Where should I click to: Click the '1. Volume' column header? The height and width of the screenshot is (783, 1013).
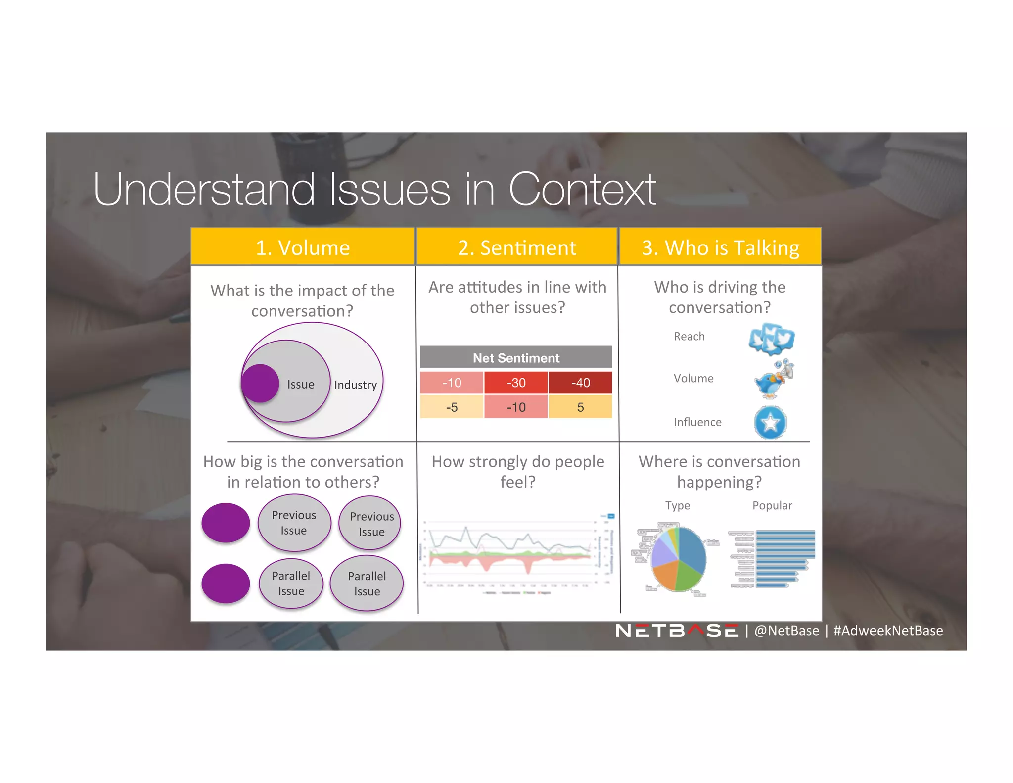(303, 247)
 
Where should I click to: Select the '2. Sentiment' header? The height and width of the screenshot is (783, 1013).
(517, 247)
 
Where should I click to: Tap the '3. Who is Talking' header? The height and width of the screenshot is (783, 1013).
(720, 247)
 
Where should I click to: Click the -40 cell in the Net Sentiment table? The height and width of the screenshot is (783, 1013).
(580, 383)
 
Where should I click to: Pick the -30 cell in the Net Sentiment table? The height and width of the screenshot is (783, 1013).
(516, 383)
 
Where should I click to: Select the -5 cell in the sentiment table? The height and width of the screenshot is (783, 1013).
(452, 407)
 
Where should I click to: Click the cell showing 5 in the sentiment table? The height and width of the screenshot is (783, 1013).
(580, 407)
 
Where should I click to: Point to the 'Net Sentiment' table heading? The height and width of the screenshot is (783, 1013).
(516, 358)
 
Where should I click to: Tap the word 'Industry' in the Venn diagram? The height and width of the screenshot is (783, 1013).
(355, 385)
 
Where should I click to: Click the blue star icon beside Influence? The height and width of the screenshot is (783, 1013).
(770, 423)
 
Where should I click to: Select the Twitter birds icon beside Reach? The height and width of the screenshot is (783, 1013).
(771, 339)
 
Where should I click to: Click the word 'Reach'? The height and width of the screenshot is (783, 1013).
(689, 337)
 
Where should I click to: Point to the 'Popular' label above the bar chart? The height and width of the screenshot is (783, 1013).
(772, 505)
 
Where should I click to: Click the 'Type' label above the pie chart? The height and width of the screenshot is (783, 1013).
(677, 505)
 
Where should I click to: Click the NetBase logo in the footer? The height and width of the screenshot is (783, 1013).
(676, 631)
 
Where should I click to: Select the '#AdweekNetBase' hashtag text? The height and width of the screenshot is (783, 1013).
(888, 631)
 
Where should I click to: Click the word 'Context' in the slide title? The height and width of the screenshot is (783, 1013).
(582, 190)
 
